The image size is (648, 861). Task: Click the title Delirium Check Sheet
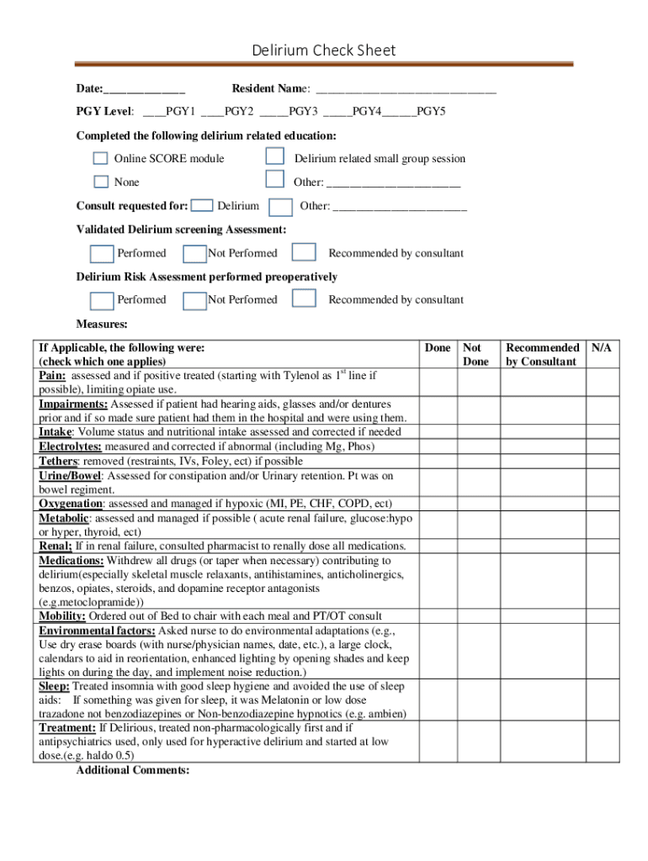click(323, 50)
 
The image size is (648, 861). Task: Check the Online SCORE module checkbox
click(101, 158)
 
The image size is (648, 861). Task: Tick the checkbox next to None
click(101, 182)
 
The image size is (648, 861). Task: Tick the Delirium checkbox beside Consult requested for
click(201, 205)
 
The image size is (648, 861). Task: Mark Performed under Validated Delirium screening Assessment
click(102, 253)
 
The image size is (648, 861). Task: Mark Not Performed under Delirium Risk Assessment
click(194, 299)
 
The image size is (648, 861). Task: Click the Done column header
click(438, 347)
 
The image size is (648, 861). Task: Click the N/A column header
click(601, 347)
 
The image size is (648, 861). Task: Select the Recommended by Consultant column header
click(542, 354)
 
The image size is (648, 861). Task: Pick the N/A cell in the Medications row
click(602, 581)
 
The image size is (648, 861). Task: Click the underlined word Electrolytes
click(71, 446)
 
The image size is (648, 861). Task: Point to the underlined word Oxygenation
click(71, 504)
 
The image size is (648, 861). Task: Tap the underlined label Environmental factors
click(97, 631)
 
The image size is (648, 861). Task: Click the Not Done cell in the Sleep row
click(479, 700)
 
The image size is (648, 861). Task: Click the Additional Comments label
click(132, 770)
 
